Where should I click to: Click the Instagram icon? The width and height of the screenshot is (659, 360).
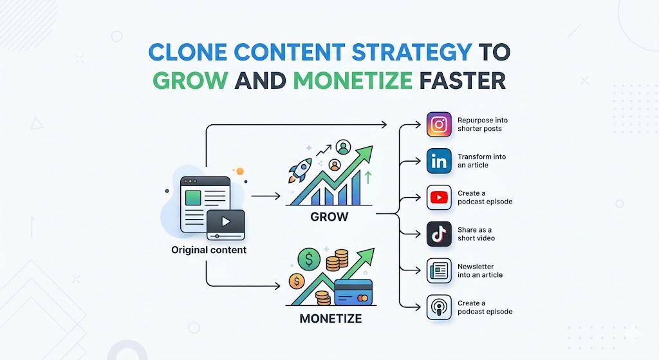coord(440,124)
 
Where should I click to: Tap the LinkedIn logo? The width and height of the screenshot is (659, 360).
coord(440,161)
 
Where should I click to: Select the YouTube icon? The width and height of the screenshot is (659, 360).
coord(440,198)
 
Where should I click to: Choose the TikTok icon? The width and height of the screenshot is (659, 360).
coord(440,234)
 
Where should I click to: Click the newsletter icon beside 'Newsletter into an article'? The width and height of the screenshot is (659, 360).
coord(440,271)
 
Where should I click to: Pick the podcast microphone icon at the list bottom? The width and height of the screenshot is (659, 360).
coord(440,307)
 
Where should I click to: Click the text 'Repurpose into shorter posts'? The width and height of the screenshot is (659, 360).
coord(479,124)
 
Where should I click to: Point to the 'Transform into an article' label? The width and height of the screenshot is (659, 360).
coord(481,161)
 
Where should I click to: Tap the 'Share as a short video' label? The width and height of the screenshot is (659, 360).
coord(476,234)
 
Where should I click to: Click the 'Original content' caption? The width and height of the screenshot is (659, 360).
coord(209,250)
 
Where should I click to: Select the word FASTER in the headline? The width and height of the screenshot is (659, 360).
coord(461,81)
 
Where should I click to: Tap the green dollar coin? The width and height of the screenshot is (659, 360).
coord(309,260)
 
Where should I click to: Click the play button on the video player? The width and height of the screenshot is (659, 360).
coord(225,222)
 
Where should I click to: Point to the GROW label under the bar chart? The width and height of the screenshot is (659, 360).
coord(329,217)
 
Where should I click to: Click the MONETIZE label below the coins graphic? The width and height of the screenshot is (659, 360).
coord(330,319)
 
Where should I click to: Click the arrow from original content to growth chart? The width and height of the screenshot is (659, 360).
coord(265,196)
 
